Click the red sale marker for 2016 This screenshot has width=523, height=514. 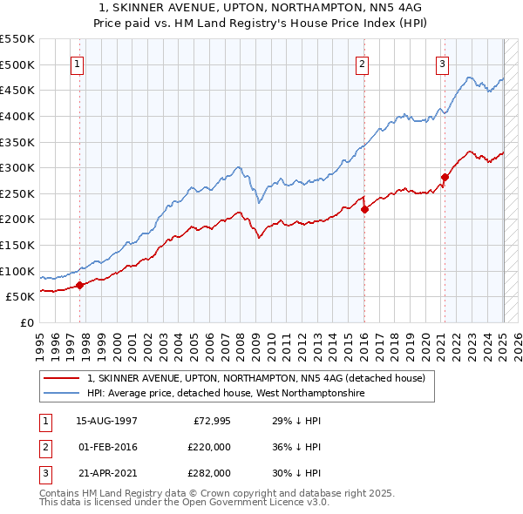pos(364,209)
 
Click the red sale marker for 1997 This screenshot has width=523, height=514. pos(79,284)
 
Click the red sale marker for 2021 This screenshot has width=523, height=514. pos(445,177)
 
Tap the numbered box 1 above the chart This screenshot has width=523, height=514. pos(78,63)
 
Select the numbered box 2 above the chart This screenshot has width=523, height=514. pos(362,63)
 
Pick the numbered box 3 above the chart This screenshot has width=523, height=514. pos(443,63)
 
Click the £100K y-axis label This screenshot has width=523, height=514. pos(17,271)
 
